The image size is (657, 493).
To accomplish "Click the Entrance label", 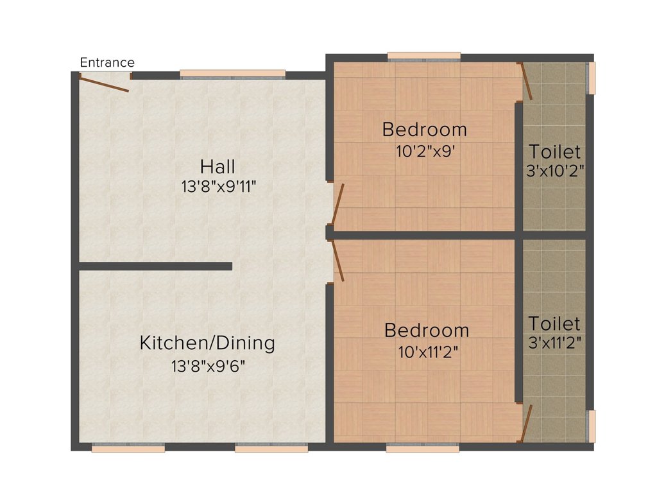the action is pyautogui.click(x=107, y=62).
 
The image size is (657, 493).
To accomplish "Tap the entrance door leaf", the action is pyautogui.click(x=105, y=84).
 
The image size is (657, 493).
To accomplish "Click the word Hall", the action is pyautogui.click(x=218, y=166).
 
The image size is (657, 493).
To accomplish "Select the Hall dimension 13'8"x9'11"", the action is pyautogui.click(x=218, y=187).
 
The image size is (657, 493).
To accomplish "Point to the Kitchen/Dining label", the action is pyautogui.click(x=207, y=343).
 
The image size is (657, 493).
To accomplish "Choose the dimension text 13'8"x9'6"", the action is pyautogui.click(x=208, y=367).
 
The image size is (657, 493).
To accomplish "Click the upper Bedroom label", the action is pyautogui.click(x=425, y=130).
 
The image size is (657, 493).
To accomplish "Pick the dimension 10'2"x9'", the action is pyautogui.click(x=425, y=151).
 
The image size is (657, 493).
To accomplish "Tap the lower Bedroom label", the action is pyautogui.click(x=427, y=331).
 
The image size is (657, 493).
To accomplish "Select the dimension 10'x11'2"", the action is pyautogui.click(x=428, y=352).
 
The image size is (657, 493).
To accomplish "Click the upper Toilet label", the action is pyautogui.click(x=554, y=151).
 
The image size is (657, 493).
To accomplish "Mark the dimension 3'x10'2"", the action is pyautogui.click(x=555, y=171).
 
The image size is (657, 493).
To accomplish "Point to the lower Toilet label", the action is pyautogui.click(x=554, y=324).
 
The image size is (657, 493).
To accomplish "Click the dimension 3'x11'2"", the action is pyautogui.click(x=555, y=343).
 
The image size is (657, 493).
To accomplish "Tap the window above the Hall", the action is pyautogui.click(x=232, y=74).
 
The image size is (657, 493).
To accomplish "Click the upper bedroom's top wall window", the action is pyautogui.click(x=424, y=57).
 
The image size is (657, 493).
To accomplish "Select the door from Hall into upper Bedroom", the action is pyautogui.click(x=337, y=203).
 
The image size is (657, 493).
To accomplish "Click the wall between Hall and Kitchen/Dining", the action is pyautogui.click(x=156, y=266).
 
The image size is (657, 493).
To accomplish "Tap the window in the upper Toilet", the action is pyautogui.click(x=591, y=78).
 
